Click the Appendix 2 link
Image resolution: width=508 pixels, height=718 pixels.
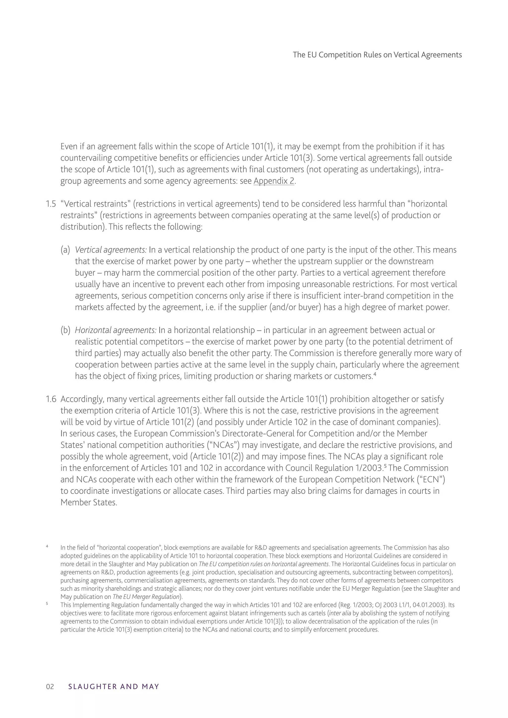(x=274, y=181)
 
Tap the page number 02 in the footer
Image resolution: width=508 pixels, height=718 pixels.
(x=50, y=687)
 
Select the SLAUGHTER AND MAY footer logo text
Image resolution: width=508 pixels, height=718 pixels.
(x=114, y=687)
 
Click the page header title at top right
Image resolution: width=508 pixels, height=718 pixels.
(x=377, y=55)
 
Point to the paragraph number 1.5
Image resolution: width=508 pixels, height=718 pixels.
(x=51, y=204)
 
